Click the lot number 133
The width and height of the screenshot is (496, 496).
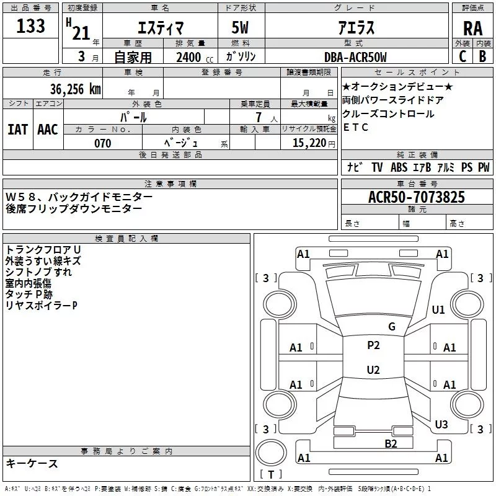coord(30,27)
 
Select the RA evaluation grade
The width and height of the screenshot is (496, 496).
coord(472,29)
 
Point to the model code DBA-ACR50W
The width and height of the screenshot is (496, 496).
coord(355,58)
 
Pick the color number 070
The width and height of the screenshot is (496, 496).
coord(102,143)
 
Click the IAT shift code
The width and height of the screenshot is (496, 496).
coord(17,130)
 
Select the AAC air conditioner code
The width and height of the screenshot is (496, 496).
coord(47,130)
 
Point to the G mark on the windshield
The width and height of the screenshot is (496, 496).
coord(391,327)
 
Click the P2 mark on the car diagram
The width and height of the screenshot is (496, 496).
coord(373,345)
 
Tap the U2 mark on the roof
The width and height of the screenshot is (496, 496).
coord(373,370)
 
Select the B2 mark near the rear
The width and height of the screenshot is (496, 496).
coord(391,443)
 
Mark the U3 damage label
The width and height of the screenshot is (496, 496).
coord(441,425)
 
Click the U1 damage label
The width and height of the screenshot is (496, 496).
coord(438,309)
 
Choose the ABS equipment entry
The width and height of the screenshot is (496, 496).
coord(399,167)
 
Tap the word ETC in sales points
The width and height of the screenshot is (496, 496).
coord(356,127)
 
